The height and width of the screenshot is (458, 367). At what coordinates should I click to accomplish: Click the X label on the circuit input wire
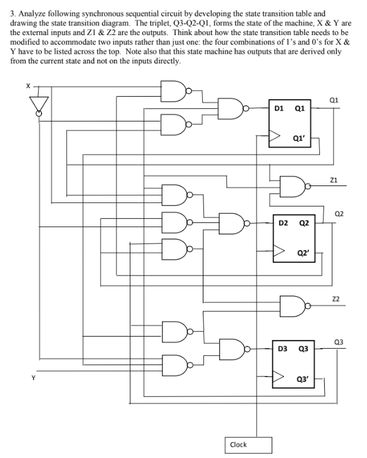(27, 86)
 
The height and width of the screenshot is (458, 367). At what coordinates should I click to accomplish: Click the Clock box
(238, 444)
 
